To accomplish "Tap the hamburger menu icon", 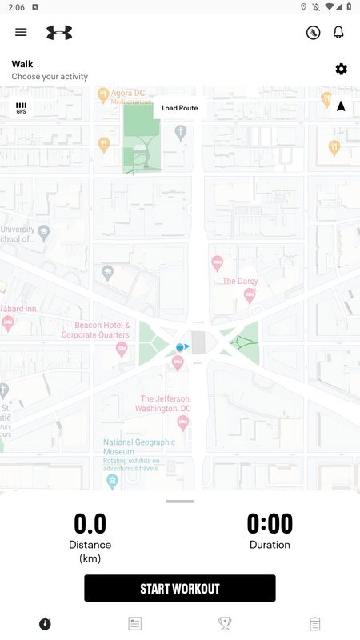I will tap(21, 32).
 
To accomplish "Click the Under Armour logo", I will tap(59, 32).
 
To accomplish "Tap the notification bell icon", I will tap(338, 32).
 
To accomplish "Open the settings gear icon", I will tap(342, 70).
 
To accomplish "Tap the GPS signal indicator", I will tap(21, 108).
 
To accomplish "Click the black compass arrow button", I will tap(341, 106).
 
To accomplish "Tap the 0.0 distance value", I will tap(90, 524).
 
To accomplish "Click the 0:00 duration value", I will tap(270, 524).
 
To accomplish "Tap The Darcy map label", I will tap(240, 281).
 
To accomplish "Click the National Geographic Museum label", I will tap(139, 446).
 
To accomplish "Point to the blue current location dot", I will tap(180, 347).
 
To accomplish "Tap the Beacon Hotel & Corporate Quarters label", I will tap(102, 330).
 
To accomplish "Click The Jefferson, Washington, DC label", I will tap(166, 403).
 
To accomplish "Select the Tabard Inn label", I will tap(18, 309).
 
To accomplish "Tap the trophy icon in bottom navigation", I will tap(225, 623).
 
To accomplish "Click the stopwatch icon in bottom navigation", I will tap(45, 623).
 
